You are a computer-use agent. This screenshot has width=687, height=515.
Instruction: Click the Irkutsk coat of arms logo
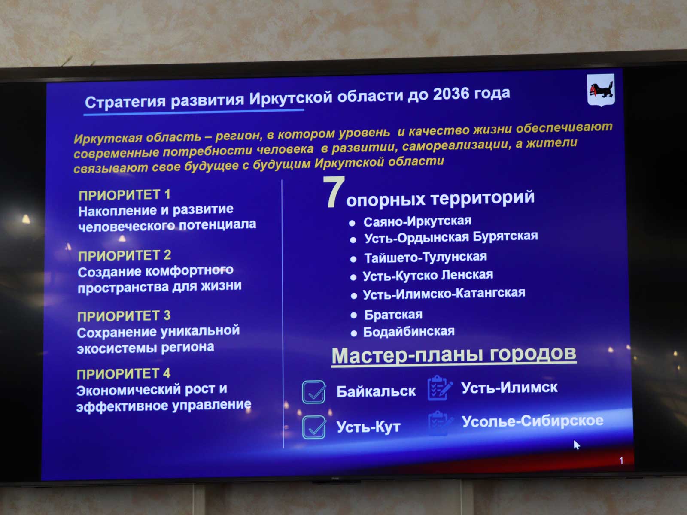[x=601, y=90]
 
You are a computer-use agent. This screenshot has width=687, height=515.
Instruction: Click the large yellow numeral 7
[x=334, y=191]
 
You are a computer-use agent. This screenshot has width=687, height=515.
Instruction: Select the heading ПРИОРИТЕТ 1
[x=125, y=195]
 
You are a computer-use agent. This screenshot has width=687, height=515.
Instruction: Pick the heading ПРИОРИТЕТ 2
[x=125, y=255]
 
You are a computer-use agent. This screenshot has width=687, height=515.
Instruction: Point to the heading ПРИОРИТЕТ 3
[x=124, y=316]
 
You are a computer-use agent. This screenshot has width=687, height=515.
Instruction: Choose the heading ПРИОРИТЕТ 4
[x=124, y=374]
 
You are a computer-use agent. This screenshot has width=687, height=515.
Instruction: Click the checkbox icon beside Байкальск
[x=314, y=392]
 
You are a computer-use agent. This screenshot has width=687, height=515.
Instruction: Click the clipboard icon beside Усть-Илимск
[x=439, y=388]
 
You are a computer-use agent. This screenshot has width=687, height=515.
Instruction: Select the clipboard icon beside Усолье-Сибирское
[x=440, y=423]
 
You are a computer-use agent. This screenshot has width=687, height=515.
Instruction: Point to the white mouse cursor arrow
[x=577, y=445]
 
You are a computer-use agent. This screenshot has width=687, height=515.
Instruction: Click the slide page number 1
[x=621, y=460]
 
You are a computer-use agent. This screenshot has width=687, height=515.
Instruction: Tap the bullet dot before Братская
[x=354, y=315]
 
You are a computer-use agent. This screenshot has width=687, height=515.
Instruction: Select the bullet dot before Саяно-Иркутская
[x=352, y=223]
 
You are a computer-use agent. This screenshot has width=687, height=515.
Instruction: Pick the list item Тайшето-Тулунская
[x=426, y=257]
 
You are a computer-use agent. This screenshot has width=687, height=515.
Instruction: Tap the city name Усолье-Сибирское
[x=532, y=421]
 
